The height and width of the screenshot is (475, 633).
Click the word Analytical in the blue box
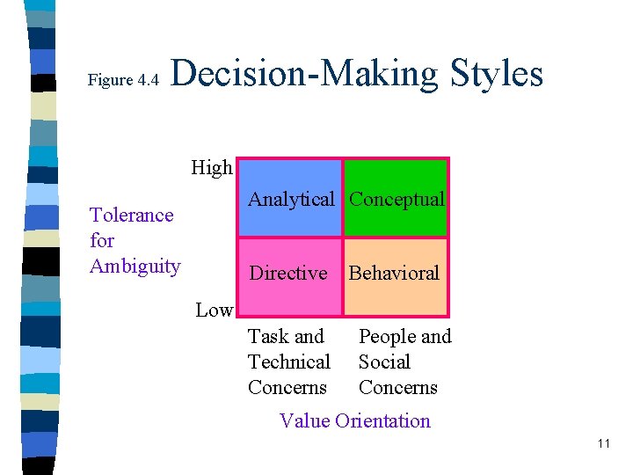pyautogui.click(x=291, y=200)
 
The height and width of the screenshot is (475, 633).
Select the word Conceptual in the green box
pyautogui.click(x=397, y=200)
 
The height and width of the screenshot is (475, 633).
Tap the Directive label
pyautogui.click(x=288, y=274)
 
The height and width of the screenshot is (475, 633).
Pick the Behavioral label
pyautogui.click(x=394, y=274)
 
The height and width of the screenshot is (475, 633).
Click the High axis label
pyautogui.click(x=212, y=167)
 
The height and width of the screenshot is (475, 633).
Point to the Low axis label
pyautogui.click(x=214, y=310)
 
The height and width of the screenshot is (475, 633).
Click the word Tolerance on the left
pyautogui.click(x=132, y=216)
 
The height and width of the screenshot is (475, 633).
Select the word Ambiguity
pyautogui.click(x=135, y=267)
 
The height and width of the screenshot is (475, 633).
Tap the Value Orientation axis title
pyautogui.click(x=354, y=420)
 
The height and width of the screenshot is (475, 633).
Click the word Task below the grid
pyautogui.click(x=267, y=337)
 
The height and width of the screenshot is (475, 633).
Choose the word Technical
pyautogui.click(x=288, y=362)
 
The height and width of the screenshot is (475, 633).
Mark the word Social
pyautogui.click(x=384, y=362)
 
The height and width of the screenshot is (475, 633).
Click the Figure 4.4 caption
pyautogui.click(x=123, y=80)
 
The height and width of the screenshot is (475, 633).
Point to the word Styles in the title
pyautogui.click(x=497, y=73)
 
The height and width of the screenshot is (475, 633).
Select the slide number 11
pyautogui.click(x=603, y=443)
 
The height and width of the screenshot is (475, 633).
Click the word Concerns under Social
pyautogui.click(x=397, y=388)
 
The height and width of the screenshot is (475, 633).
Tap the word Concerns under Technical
pyautogui.click(x=287, y=388)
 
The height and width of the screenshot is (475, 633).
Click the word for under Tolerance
pyautogui.click(x=102, y=241)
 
